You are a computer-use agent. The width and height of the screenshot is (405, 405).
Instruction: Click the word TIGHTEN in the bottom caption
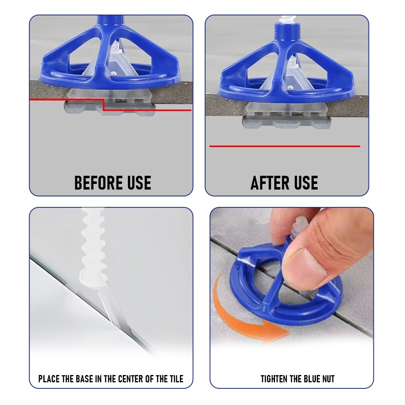tap(274, 379)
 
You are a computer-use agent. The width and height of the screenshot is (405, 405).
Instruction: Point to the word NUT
tap(328, 379)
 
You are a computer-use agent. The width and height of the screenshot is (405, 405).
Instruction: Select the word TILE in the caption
tap(177, 379)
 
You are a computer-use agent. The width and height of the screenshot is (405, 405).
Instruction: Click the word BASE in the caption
tap(84, 379)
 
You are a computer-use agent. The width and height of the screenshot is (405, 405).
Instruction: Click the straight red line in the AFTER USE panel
tap(285, 146)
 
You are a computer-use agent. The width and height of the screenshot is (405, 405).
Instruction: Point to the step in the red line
tap(103, 104)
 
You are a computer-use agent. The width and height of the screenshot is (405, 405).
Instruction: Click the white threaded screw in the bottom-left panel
tap(93, 245)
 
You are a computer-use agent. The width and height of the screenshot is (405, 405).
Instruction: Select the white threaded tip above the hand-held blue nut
tap(299, 227)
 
